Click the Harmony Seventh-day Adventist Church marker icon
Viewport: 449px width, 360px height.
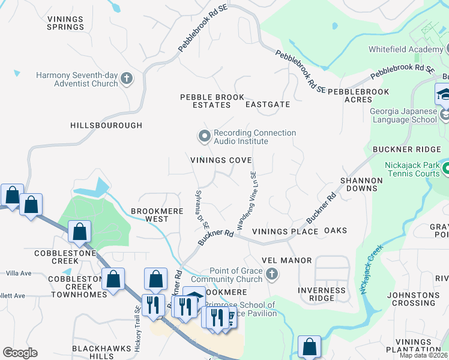pyautogui.click(x=126, y=79)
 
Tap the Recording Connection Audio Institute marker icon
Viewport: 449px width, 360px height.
pyautogui.click(x=205, y=136)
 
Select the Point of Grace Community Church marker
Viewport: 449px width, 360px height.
pyautogui.click(x=272, y=275)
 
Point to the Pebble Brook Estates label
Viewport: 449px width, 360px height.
pyautogui.click(x=212, y=101)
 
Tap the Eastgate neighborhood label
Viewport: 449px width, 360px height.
pyautogui.click(x=268, y=104)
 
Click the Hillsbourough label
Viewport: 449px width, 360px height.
pyautogui.click(x=106, y=125)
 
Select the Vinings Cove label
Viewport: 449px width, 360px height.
pyautogui.click(x=221, y=160)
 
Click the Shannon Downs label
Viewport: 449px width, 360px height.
pyautogui.click(x=361, y=184)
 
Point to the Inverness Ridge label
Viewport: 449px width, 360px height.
pyautogui.click(x=322, y=295)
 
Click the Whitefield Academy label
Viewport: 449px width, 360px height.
pyautogui.click(x=411, y=52)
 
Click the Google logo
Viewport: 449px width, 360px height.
pyautogui.click(x=20, y=353)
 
